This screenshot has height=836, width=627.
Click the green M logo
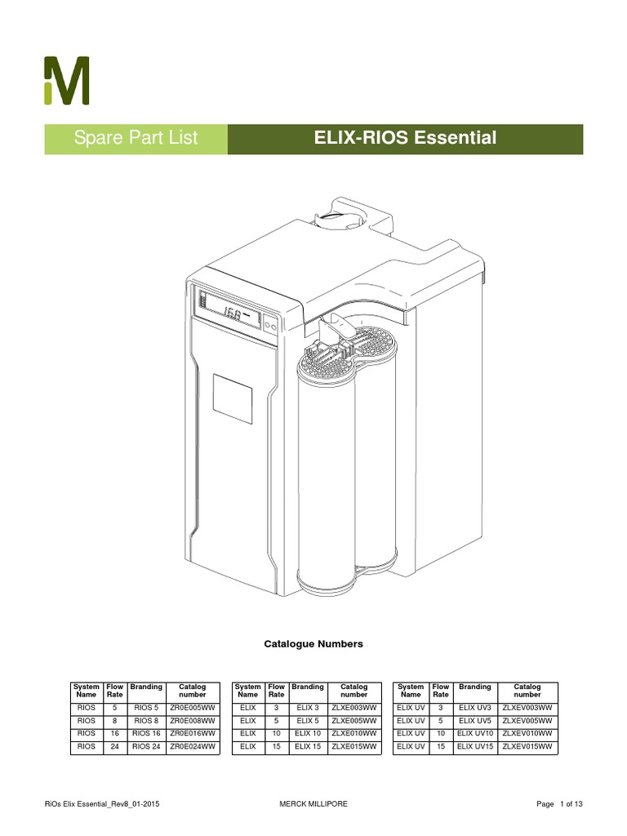66,80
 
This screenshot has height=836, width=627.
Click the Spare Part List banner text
136,139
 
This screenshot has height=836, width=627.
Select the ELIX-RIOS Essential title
405,139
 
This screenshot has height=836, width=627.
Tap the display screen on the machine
232,313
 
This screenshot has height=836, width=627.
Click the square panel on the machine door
233,398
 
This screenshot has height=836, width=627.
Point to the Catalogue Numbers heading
313,644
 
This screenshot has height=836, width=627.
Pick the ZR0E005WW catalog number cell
193,707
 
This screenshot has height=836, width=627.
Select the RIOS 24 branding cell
146,746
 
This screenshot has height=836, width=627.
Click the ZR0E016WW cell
193,733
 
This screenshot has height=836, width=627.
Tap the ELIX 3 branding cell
308,707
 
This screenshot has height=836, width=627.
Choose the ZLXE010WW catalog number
354,733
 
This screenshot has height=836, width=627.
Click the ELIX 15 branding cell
308,746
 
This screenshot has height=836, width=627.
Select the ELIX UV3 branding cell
474,707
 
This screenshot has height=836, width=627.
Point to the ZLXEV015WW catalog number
527,746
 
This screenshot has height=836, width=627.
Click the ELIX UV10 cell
474,733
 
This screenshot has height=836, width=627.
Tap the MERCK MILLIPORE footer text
313,804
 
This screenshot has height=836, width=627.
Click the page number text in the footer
560,804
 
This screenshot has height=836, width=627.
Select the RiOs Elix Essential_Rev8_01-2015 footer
101,804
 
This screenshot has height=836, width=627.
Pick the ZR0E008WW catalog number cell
193,720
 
